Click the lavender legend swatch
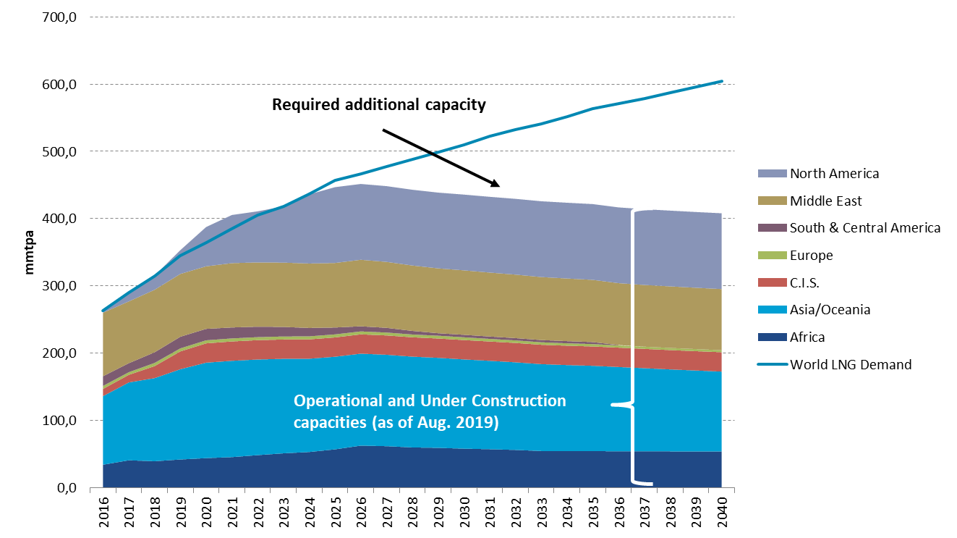[772, 174]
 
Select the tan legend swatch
[772, 201]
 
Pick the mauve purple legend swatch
[772, 228]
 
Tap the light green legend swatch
[772, 256]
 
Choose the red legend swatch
[772, 282]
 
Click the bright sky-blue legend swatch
[772, 310]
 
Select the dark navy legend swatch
[772, 337]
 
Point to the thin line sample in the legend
[772, 364]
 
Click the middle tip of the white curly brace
[614, 405]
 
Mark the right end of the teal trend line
[721, 81]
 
